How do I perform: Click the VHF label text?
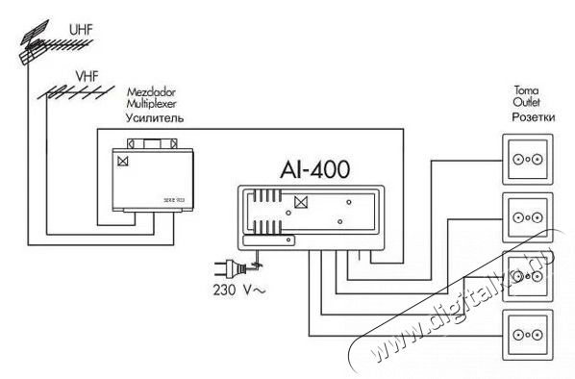(85, 73)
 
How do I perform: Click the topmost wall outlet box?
(528, 159)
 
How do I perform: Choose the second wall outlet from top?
(528, 217)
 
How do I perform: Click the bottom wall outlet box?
(528, 334)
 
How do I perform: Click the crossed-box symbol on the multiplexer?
(123, 163)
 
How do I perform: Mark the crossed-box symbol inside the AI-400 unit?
(299, 203)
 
